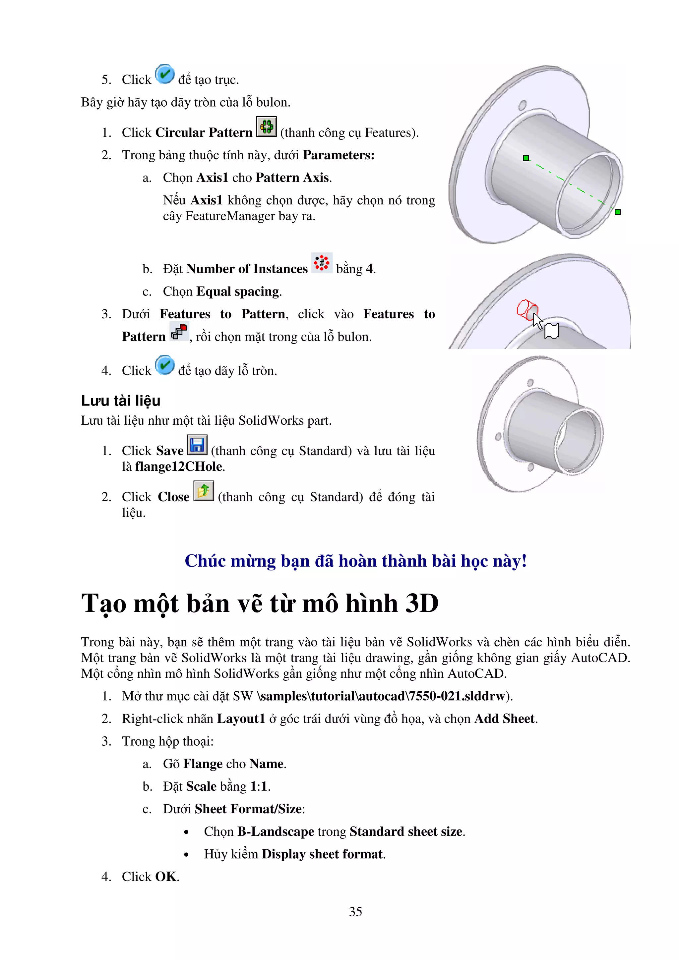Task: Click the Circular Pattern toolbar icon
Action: coord(266,126)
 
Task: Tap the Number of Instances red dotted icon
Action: coord(321,263)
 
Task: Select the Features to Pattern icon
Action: coord(179,332)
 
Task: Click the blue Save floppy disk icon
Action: coord(197,445)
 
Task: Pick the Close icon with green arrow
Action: coord(204,491)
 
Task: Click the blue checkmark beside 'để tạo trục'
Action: coord(165,75)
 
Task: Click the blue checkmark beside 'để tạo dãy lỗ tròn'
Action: coord(165,365)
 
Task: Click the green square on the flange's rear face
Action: coord(526,158)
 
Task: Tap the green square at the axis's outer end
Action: coord(618,212)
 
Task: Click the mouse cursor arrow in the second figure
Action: coord(537,321)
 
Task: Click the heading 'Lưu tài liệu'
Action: coord(120,400)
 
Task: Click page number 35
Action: coord(355,912)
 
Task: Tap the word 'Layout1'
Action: coord(241,718)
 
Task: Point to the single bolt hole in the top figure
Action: coord(522,105)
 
